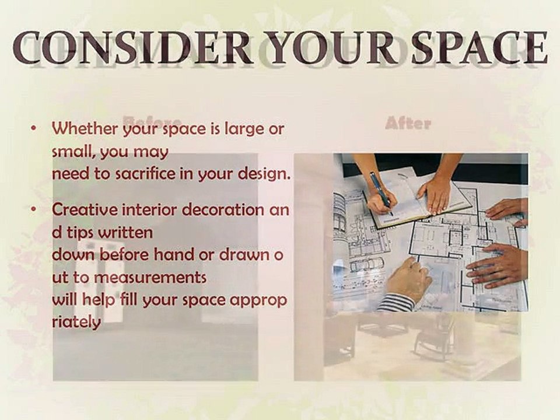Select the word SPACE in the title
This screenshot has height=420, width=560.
[479, 48]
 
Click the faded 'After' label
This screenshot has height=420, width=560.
[408, 124]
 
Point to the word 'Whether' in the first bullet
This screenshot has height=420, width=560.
[85, 128]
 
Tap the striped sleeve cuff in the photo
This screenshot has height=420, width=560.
[394, 302]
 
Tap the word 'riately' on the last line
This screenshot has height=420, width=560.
[76, 322]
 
